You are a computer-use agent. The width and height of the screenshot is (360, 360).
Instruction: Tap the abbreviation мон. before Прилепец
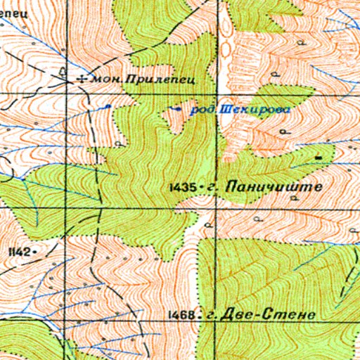(x=108, y=80)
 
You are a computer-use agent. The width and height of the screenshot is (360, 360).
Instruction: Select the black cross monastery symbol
(x=84, y=79)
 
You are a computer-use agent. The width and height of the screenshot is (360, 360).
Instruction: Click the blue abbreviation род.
(x=204, y=110)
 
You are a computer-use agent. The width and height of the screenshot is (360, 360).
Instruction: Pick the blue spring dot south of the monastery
(x=108, y=106)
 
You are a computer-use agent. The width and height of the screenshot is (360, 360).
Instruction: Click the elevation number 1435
(x=182, y=188)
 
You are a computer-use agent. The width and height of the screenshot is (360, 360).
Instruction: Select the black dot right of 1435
(x=201, y=188)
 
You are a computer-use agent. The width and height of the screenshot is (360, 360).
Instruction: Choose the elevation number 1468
(x=181, y=315)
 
